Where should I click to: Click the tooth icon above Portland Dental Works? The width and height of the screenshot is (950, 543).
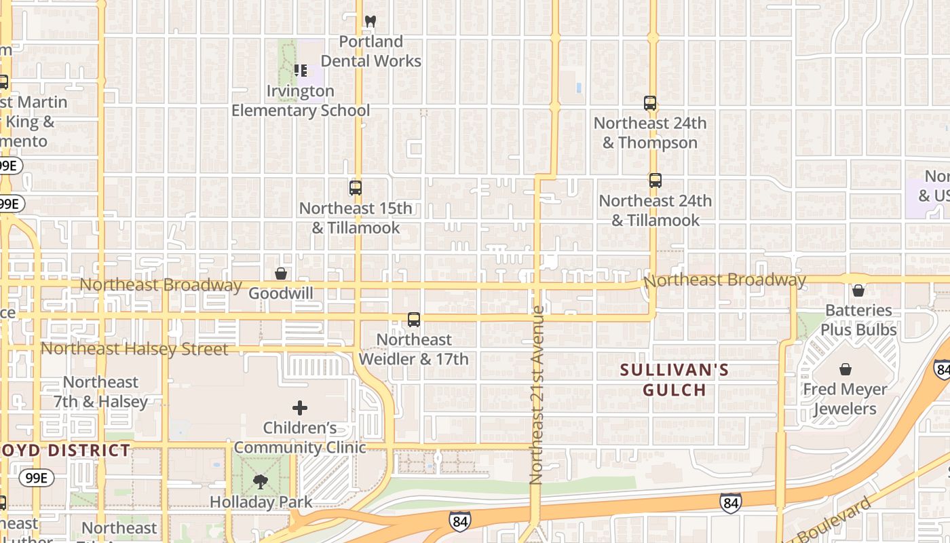coord(370,21)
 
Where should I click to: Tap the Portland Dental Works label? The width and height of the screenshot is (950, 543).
coord(370,52)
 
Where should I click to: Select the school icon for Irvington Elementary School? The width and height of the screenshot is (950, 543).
coord(301,70)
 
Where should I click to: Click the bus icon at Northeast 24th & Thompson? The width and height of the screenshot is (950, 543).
coord(650,103)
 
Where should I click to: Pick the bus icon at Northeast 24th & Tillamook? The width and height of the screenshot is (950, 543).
coord(655,181)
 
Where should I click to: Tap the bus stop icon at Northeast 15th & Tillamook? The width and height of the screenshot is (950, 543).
coord(356,188)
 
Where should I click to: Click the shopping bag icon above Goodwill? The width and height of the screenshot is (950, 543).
coord(281,274)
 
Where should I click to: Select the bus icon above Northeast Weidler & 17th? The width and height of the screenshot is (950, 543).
coord(413,319)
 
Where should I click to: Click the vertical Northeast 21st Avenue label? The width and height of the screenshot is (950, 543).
coord(537,395)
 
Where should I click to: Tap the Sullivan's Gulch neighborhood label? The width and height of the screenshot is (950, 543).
coord(675,379)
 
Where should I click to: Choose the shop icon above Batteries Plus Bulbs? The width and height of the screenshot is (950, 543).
coord(858,291)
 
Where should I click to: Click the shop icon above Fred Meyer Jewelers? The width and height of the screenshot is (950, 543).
coord(845,369)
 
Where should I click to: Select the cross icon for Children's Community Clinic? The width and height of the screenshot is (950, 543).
coord(300,408)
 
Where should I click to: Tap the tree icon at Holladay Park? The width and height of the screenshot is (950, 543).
coord(260,482)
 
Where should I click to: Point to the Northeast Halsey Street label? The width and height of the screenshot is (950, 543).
coord(134,349)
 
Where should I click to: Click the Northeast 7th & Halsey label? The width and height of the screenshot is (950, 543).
coord(100,392)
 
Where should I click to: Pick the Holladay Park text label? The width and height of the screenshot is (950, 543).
coord(261,502)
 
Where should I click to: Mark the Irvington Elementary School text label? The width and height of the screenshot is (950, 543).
coord(301,100)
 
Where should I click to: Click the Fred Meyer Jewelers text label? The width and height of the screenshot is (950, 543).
coord(845,399)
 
